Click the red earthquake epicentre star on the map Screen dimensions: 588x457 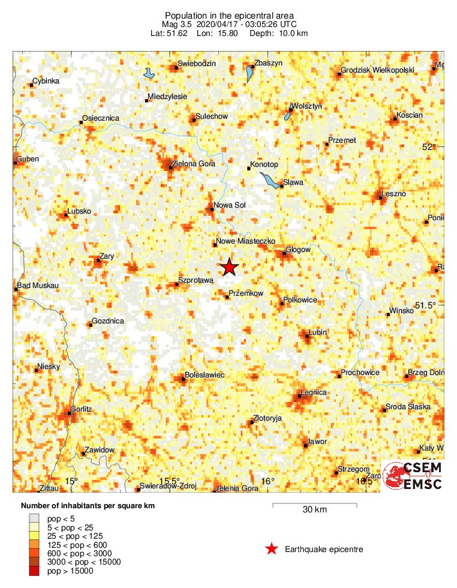[229, 268]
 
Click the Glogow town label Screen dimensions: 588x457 [298, 250]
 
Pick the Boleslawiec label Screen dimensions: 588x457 [205, 374]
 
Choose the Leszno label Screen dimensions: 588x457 [394, 194]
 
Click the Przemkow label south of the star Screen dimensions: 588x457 [247, 293]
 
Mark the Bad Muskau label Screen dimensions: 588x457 [37, 286]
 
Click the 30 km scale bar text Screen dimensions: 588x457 [314, 510]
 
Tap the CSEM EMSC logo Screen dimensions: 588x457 [413, 475]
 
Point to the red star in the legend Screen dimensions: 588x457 [272, 548]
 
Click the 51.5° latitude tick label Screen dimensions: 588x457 [426, 305]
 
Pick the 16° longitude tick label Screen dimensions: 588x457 [268, 481]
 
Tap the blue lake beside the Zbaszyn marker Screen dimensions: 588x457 [250, 74]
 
